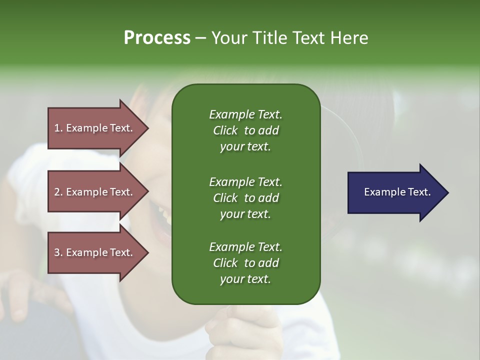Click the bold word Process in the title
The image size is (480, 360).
point(157,38)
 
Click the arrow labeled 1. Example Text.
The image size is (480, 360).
point(95,128)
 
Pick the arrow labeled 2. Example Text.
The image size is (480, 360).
point(95,192)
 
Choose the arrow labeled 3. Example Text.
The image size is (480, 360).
point(95,252)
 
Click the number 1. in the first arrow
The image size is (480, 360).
point(58,128)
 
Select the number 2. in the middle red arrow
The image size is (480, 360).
point(58,192)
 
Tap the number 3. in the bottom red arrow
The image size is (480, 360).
point(58,252)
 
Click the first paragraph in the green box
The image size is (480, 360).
point(245,130)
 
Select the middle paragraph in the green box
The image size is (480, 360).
point(245,197)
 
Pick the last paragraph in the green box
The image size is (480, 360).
point(245,263)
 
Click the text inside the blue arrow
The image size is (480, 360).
point(397,192)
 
